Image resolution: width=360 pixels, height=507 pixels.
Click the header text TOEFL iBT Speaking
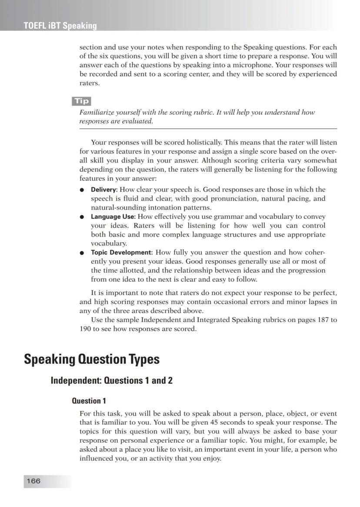tap(60, 26)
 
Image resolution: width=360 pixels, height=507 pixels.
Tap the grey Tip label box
tap(81, 101)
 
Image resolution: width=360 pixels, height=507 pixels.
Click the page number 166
tap(33, 481)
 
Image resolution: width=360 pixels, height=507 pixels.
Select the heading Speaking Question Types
tap(92, 359)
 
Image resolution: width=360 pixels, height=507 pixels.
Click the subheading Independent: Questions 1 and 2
tap(111, 381)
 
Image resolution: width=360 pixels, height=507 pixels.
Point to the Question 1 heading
tap(89, 401)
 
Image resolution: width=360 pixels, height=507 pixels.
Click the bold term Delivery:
tap(104, 190)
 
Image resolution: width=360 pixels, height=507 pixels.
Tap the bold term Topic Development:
tap(122, 252)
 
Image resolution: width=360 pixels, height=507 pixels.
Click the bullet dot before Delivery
tap(82, 190)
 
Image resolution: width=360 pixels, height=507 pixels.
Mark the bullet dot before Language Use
tap(82, 217)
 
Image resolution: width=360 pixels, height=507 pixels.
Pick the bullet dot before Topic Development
tap(82, 253)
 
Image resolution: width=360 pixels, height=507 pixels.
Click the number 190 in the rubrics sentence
tap(85, 329)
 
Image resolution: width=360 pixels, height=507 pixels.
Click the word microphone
tap(254, 65)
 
